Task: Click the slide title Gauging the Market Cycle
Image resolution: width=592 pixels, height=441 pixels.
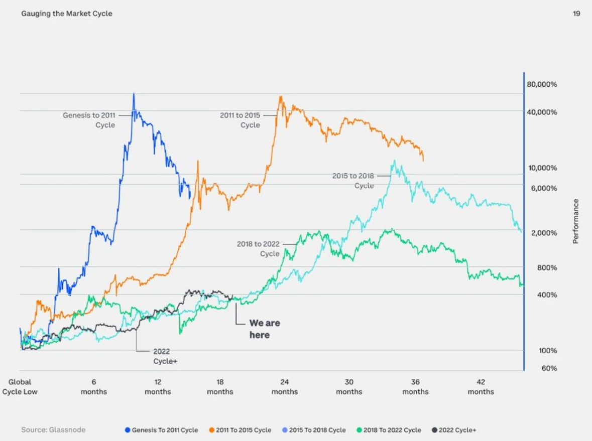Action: pyautogui.click(x=67, y=14)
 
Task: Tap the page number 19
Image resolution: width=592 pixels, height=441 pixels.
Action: pyautogui.click(x=576, y=14)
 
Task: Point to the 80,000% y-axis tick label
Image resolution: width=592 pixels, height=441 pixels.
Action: pyautogui.click(x=542, y=84)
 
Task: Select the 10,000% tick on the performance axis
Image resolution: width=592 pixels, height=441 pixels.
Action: pyautogui.click(x=542, y=168)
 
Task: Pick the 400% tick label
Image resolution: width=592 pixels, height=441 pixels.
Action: pyautogui.click(x=547, y=295)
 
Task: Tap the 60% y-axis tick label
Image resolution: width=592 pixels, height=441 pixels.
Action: pyautogui.click(x=549, y=368)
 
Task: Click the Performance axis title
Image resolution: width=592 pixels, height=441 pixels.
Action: pyautogui.click(x=576, y=221)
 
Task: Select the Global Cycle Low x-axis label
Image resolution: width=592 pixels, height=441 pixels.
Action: pyautogui.click(x=20, y=387)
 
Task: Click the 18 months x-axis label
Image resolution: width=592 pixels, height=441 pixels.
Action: pyautogui.click(x=220, y=387)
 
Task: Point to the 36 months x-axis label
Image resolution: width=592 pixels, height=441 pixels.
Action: pyautogui.click(x=415, y=387)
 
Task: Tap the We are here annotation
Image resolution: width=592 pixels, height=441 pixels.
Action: pyautogui.click(x=264, y=329)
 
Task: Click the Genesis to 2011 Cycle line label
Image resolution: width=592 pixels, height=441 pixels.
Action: pyautogui.click(x=89, y=120)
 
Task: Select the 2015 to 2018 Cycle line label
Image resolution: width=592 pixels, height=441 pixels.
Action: pyautogui.click(x=353, y=181)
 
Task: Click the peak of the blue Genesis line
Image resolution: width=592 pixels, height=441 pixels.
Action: pyautogui.click(x=134, y=94)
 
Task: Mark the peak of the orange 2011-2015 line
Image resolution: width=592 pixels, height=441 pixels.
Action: pyautogui.click(x=280, y=97)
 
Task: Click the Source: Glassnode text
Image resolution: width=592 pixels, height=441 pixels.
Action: pyautogui.click(x=53, y=430)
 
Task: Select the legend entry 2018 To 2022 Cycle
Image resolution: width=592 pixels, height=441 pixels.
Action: pyautogui.click(x=389, y=430)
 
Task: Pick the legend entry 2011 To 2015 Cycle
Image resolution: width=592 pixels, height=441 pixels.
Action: pyautogui.click(x=240, y=430)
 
